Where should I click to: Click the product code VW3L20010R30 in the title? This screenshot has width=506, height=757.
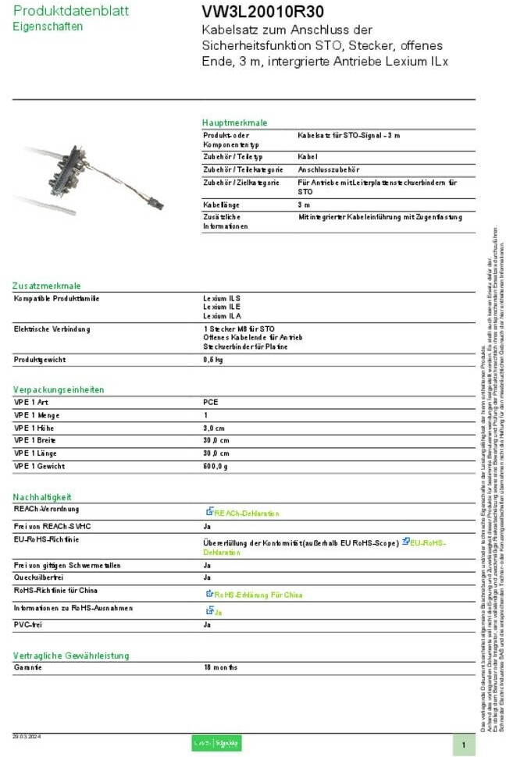click(x=251, y=12)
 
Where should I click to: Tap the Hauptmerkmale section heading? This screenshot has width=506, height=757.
click(x=234, y=123)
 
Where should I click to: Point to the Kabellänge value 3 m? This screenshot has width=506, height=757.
click(x=304, y=204)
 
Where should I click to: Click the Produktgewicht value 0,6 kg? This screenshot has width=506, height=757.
click(x=212, y=360)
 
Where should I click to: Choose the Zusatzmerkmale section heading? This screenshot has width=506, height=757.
click(x=47, y=286)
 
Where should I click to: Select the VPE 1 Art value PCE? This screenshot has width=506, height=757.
click(x=211, y=402)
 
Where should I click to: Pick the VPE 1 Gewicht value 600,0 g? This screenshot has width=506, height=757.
click(x=216, y=466)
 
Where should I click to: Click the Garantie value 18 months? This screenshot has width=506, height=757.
click(x=220, y=667)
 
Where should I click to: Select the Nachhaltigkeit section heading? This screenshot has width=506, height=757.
click(x=42, y=496)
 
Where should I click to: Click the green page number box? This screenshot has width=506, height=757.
click(x=463, y=745)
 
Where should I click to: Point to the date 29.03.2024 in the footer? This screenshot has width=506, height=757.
click(x=27, y=736)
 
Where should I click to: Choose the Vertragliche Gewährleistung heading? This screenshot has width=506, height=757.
click(x=71, y=655)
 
